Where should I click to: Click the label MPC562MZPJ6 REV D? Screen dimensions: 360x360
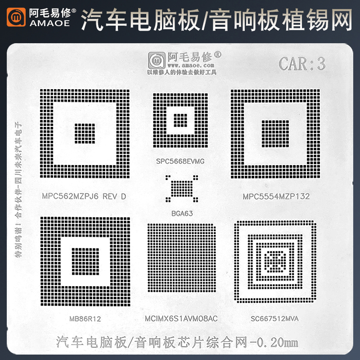tap(84, 196)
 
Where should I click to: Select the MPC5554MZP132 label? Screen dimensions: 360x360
tap(276, 196)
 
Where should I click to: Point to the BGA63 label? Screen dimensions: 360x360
tap(182, 213)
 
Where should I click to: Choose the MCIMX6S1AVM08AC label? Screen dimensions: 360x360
tap(181, 319)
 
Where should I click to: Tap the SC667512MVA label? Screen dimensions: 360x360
tap(275, 319)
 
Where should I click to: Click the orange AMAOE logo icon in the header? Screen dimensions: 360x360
tap(17, 17)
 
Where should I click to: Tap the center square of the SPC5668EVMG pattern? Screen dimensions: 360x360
tap(180, 120)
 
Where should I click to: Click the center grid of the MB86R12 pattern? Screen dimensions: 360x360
tap(85, 261)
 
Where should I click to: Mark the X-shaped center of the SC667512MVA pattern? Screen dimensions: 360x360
tap(274, 261)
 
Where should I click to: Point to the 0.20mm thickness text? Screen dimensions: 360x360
tap(276, 342)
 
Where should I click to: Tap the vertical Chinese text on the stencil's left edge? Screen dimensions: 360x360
tap(18, 189)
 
